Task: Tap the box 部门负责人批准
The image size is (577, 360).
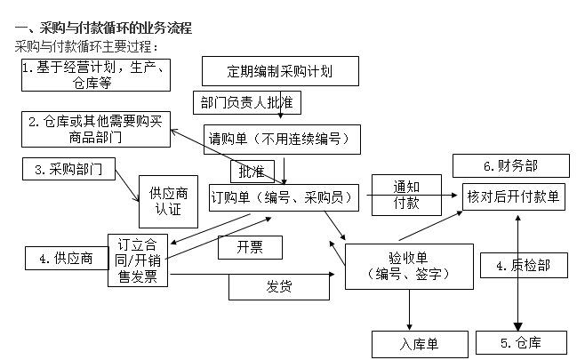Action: point(246,102)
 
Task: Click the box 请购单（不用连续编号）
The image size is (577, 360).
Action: point(281,138)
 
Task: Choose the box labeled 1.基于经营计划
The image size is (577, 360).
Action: point(95,76)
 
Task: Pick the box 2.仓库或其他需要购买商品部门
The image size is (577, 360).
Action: point(95,129)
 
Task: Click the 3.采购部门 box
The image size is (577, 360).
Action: point(69,169)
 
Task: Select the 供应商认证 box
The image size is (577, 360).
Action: point(168,201)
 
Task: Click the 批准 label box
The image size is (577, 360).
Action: point(252,169)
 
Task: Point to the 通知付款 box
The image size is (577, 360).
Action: point(405,195)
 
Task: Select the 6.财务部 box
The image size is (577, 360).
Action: point(509,165)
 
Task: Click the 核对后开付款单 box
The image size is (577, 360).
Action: point(513,196)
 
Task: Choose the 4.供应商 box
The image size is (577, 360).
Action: point(64,259)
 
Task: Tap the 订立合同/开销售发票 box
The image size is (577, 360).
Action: point(138,260)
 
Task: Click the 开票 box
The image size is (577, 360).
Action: point(250,247)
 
